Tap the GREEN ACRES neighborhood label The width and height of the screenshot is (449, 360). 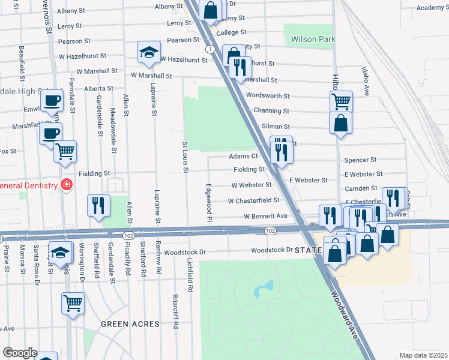point(130,324)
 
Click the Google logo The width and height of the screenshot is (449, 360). point(20,353)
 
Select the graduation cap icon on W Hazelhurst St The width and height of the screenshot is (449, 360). point(148,53)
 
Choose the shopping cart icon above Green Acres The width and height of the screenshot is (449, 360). point(73,303)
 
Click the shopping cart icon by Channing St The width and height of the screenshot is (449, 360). point(341,101)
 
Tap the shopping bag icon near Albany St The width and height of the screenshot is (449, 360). point(211,10)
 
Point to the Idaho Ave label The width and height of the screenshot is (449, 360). point(366,82)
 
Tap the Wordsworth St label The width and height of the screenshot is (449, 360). point(268,95)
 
